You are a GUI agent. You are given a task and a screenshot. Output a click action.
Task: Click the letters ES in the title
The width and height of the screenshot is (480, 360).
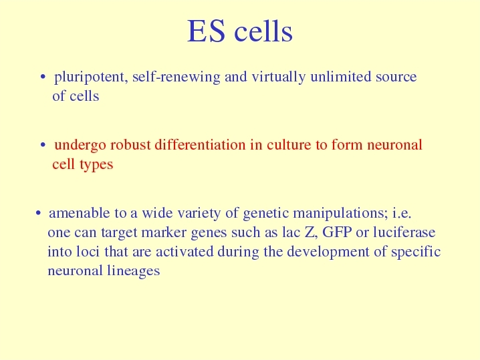pyautogui.click(x=206, y=31)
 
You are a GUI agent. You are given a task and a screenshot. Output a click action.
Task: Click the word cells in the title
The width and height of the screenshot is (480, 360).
pyautogui.click(x=263, y=31)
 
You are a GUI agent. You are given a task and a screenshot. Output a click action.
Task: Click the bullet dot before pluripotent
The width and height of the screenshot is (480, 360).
pyautogui.click(x=43, y=77)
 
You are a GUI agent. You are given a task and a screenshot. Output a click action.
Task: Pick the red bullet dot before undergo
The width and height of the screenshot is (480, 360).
pyautogui.click(x=43, y=145)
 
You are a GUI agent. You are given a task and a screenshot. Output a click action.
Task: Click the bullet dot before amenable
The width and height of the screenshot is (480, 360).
pyautogui.click(x=38, y=213)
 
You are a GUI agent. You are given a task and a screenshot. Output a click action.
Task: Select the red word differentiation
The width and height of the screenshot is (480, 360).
pyautogui.click(x=200, y=144)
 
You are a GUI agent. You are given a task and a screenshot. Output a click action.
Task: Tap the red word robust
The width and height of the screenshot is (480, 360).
pyautogui.click(x=130, y=144)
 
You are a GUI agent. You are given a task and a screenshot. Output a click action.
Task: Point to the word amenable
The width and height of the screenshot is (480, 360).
pyautogui.click(x=80, y=213)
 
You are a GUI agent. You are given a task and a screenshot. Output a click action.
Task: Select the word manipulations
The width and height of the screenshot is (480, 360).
pyautogui.click(x=340, y=213)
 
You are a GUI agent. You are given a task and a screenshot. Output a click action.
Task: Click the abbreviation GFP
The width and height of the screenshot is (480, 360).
pyautogui.click(x=337, y=232)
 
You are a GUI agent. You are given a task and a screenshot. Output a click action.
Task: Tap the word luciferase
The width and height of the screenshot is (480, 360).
pyautogui.click(x=404, y=232)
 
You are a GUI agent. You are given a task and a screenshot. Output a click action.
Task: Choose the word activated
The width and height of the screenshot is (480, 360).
pyautogui.click(x=185, y=251)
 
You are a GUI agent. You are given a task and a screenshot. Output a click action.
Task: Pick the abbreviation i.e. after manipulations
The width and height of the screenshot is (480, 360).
pyautogui.click(x=402, y=213)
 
